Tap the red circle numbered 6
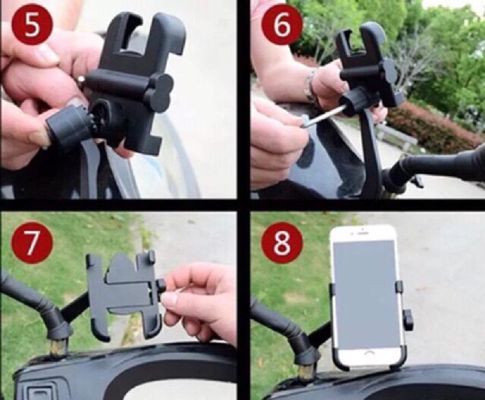(x=282, y=25)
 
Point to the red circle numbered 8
(x=282, y=242)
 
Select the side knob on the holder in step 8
(x=409, y=320)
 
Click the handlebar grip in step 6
(x=446, y=164)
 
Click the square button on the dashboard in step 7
(x=41, y=392)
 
